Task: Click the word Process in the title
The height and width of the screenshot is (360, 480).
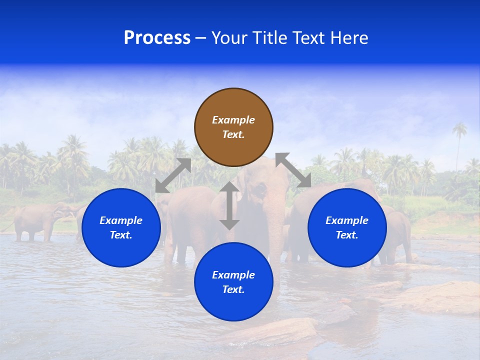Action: point(157,38)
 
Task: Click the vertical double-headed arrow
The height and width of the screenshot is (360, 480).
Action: point(229,205)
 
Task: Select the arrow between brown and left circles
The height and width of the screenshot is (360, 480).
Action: point(173,175)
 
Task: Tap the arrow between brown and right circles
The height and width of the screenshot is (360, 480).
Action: point(293,170)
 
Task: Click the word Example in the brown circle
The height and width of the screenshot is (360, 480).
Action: point(233,120)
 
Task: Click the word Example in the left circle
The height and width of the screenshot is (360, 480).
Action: point(121,220)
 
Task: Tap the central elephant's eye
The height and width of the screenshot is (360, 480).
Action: point(260,188)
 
